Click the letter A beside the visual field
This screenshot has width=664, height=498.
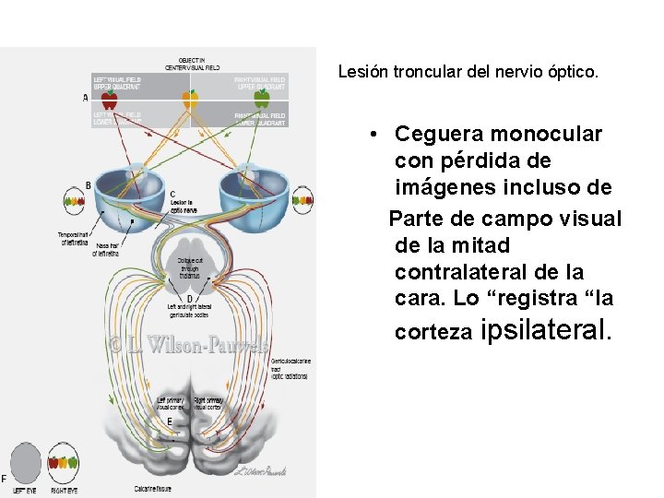pos(86,98)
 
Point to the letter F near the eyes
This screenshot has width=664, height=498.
pos(4,478)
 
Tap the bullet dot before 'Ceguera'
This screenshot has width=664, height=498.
pos(373,135)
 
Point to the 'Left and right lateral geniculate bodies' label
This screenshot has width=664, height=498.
pos(189,311)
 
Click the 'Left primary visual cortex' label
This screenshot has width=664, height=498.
pos(170,403)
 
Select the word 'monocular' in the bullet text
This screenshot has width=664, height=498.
pos(542,134)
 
